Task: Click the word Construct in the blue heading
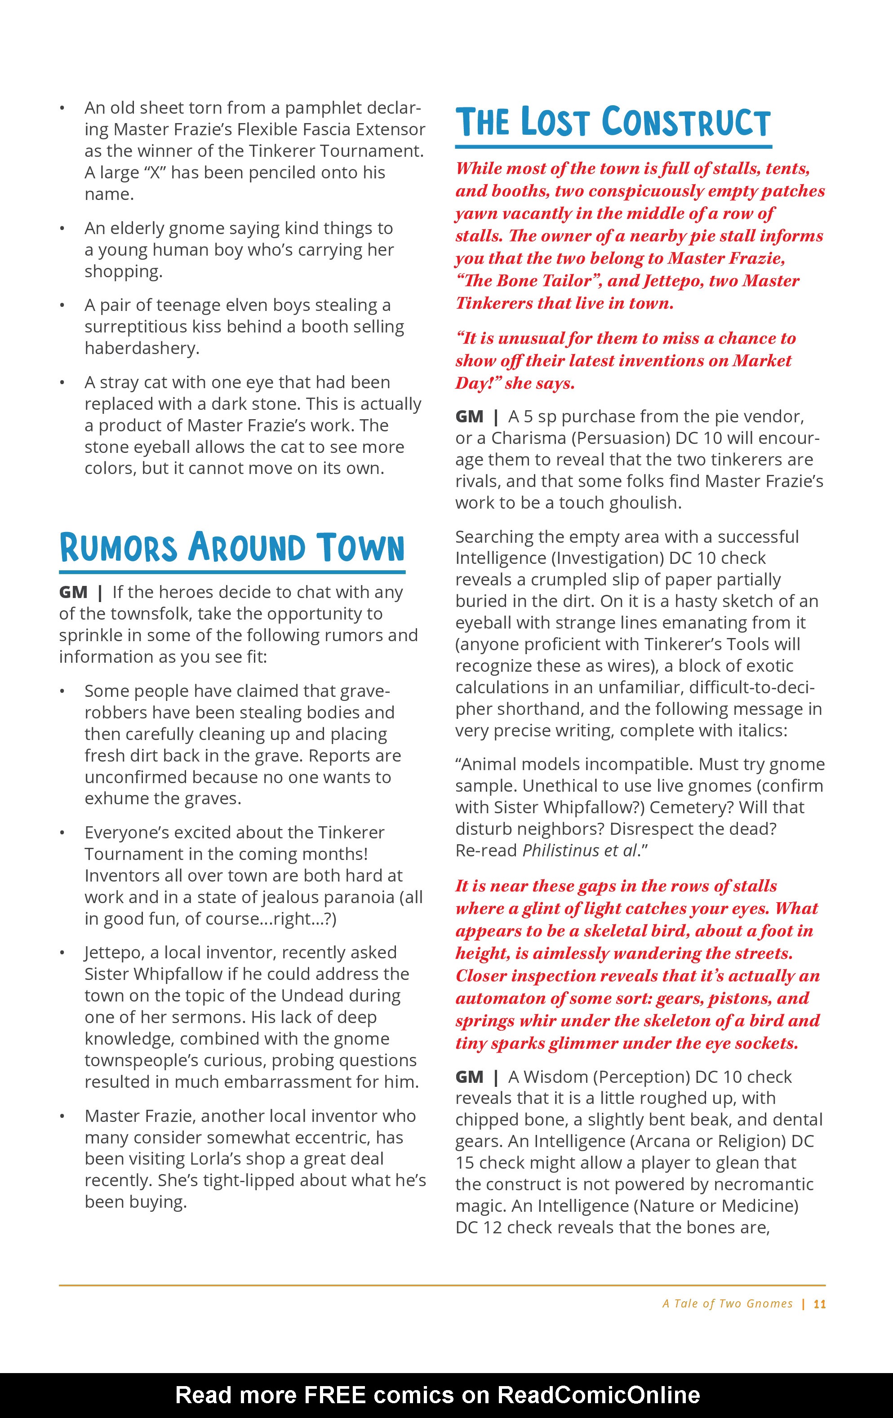click(686, 123)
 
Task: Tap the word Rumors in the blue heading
click(118, 548)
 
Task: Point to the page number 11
click(819, 1304)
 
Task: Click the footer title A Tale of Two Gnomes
click(728, 1304)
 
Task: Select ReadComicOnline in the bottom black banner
click(599, 1395)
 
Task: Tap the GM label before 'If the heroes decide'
click(73, 592)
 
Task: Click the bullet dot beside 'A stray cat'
click(62, 383)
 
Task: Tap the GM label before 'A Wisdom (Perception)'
click(470, 1077)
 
